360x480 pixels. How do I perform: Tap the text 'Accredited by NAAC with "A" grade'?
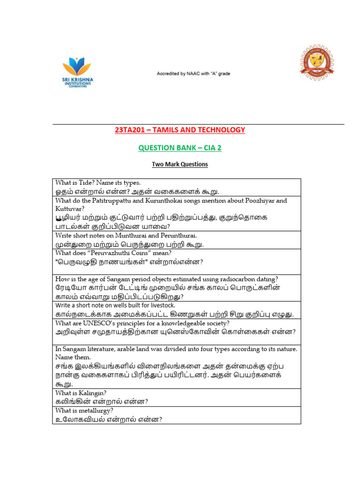click(x=193, y=74)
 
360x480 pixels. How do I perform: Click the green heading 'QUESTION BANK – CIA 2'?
click(x=180, y=148)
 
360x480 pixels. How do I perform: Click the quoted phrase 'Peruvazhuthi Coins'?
click(x=121, y=253)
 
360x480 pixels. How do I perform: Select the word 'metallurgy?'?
click(x=95, y=411)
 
